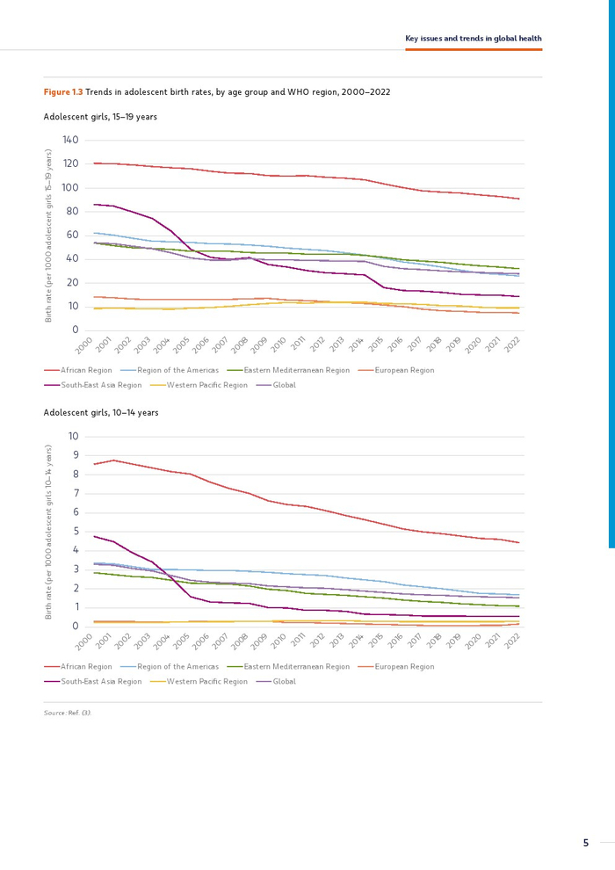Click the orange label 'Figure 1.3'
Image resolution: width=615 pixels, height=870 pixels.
click(x=63, y=91)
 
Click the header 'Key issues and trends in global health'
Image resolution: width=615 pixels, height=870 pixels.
click(x=473, y=39)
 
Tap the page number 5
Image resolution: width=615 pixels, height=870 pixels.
click(x=586, y=844)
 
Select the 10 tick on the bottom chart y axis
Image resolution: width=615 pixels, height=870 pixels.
click(x=74, y=437)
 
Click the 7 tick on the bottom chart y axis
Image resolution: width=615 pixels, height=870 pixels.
click(x=76, y=494)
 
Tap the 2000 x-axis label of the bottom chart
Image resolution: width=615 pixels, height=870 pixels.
click(x=83, y=642)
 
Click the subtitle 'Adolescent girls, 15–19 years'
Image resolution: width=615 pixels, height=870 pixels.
click(x=100, y=116)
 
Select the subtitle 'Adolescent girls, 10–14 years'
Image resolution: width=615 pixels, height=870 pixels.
click(x=100, y=412)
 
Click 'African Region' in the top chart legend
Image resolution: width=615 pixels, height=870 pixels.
click(x=86, y=371)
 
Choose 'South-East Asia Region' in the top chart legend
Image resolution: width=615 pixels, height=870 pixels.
click(x=101, y=385)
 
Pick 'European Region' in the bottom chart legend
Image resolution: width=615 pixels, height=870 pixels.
click(x=404, y=667)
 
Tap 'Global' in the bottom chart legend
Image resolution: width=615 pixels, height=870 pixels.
click(x=284, y=681)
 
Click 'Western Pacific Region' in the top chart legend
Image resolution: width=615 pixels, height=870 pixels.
click(x=206, y=385)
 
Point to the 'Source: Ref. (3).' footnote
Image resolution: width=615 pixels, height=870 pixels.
click(x=68, y=713)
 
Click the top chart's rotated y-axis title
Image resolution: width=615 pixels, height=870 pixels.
click(x=49, y=236)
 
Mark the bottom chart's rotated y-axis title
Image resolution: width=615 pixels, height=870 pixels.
click(x=49, y=532)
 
